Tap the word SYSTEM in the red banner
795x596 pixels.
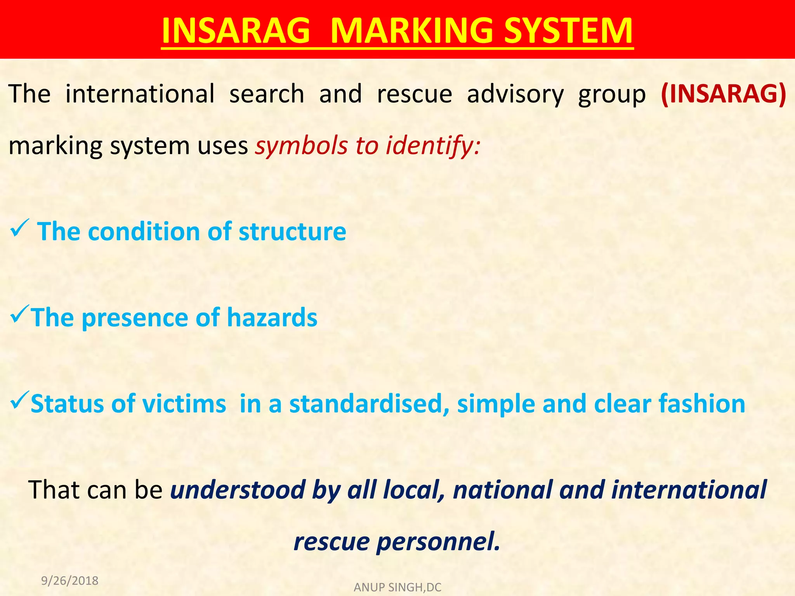[x=568, y=31]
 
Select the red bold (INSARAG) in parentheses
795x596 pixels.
[x=723, y=94]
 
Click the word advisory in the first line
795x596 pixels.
[x=515, y=95]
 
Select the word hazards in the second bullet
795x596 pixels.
[x=272, y=318]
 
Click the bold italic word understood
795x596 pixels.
[x=238, y=490]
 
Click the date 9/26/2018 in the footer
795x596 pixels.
[x=70, y=581]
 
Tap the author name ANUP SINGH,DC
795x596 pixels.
[x=397, y=587]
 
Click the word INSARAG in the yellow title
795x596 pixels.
[x=236, y=31]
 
